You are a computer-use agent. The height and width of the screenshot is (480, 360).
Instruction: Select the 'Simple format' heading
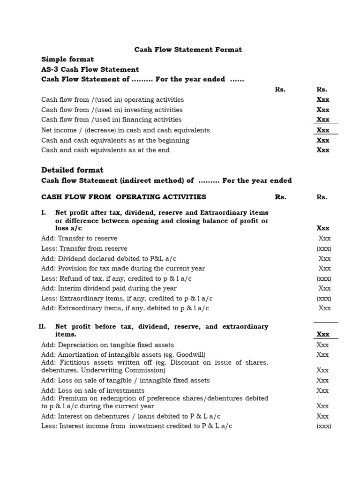tap(67, 59)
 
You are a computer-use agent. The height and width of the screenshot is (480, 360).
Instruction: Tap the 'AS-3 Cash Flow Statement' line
tap(90, 69)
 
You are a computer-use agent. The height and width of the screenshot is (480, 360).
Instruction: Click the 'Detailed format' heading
tap(72, 170)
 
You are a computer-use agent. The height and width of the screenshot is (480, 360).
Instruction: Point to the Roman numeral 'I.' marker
tap(44, 213)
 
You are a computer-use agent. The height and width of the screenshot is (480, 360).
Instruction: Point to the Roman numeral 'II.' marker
tap(42, 327)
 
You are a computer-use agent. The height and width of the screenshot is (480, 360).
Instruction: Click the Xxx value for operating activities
tap(323, 99)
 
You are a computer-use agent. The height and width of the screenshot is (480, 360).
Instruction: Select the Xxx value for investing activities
tap(323, 110)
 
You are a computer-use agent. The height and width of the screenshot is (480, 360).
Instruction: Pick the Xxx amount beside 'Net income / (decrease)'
tap(323, 130)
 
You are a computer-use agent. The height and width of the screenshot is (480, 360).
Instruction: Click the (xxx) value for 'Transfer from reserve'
tap(324, 248)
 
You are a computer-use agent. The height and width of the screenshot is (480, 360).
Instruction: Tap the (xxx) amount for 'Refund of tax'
tap(324, 278)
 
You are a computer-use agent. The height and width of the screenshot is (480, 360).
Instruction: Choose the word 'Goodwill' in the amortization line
tap(189, 354)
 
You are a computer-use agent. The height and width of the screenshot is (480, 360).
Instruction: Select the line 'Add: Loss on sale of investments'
tap(93, 390)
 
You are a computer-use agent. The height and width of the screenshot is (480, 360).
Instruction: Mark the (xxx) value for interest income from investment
tap(324, 426)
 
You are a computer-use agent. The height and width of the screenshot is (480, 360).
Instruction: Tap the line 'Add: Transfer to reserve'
tap(79, 239)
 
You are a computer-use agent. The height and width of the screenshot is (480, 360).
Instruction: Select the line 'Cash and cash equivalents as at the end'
tap(105, 150)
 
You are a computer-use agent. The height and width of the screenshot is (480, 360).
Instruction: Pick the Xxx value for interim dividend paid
tap(324, 288)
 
